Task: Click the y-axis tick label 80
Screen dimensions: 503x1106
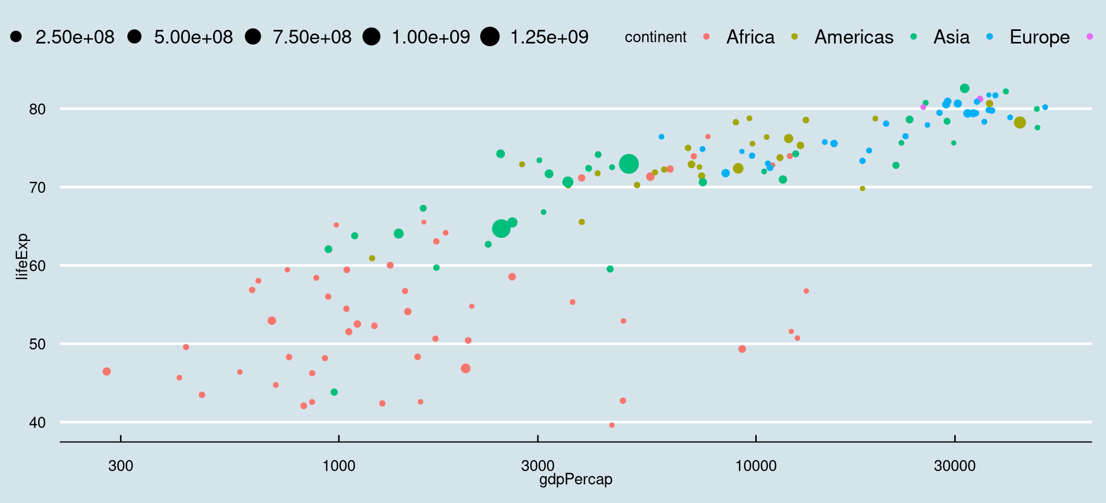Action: pyautogui.click(x=37, y=109)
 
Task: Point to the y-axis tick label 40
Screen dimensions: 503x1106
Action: pyautogui.click(x=37, y=422)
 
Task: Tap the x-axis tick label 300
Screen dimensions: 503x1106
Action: pyautogui.click(x=120, y=465)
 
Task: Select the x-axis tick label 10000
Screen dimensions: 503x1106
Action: pyautogui.click(x=756, y=465)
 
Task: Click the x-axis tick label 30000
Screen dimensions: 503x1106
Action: pyautogui.click(x=954, y=465)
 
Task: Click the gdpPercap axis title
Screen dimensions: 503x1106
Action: pyautogui.click(x=576, y=479)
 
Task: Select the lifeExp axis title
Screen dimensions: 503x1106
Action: pyautogui.click(x=21, y=256)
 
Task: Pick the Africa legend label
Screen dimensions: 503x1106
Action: pyautogui.click(x=750, y=37)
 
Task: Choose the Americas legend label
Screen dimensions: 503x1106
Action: pyautogui.click(x=854, y=37)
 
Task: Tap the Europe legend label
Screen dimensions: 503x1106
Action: pyautogui.click(x=1039, y=37)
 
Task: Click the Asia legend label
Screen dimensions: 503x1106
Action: pyautogui.click(x=951, y=37)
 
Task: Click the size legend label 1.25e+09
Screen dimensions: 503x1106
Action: pyautogui.click(x=549, y=37)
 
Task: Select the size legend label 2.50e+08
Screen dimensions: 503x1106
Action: pyautogui.click(x=75, y=37)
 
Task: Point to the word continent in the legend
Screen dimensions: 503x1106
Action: pyautogui.click(x=655, y=37)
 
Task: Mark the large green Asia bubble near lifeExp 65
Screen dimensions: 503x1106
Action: pyautogui.click(x=501, y=228)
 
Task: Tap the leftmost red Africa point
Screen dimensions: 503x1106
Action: pyautogui.click(x=107, y=371)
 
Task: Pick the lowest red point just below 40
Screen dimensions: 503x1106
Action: pyautogui.click(x=612, y=425)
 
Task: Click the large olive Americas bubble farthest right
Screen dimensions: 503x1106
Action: pyautogui.click(x=1020, y=123)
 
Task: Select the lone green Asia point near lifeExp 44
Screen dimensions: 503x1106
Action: pyautogui.click(x=334, y=392)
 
